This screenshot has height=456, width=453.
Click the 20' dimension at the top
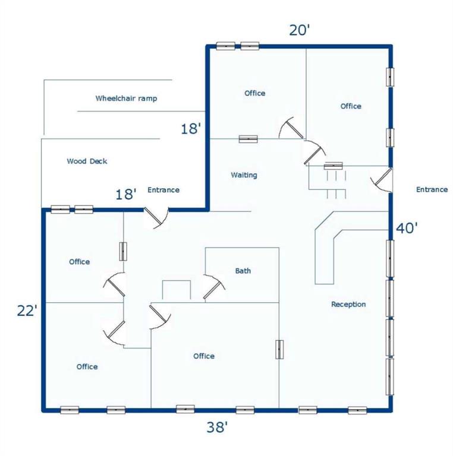300,30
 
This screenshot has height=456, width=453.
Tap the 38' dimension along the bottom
217,427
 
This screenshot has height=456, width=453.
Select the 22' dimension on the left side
27,311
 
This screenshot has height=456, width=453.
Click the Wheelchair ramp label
127,99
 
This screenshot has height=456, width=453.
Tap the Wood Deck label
87,161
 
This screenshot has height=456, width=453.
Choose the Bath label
243,271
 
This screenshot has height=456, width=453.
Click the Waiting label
244,175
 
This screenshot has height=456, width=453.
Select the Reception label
348,305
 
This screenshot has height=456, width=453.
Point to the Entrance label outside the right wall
432,189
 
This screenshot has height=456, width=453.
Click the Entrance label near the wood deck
163,190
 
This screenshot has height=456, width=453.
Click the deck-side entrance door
156,217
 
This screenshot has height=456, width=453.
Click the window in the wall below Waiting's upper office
248,139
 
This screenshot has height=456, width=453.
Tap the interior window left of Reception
279,349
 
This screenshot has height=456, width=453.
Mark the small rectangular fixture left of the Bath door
177,290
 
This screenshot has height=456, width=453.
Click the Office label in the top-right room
351,106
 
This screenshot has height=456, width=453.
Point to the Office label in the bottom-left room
87,367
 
